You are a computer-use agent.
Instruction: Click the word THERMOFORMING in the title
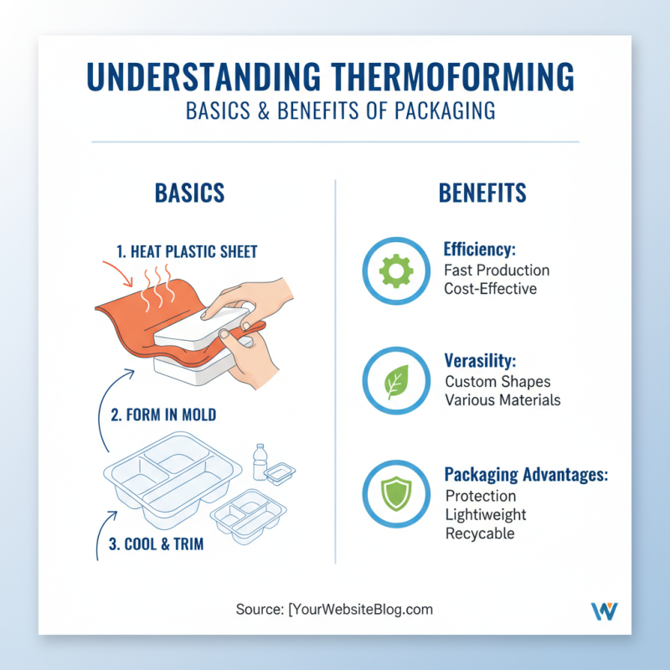click(443, 76)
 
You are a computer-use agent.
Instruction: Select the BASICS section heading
click(189, 193)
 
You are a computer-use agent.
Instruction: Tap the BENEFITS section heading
click(482, 193)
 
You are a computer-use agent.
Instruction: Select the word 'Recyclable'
click(480, 533)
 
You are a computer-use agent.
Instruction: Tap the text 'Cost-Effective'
click(490, 288)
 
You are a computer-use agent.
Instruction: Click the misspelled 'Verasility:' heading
click(480, 361)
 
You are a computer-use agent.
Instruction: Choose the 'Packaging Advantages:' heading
click(526, 475)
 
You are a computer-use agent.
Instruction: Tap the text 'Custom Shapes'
click(497, 382)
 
